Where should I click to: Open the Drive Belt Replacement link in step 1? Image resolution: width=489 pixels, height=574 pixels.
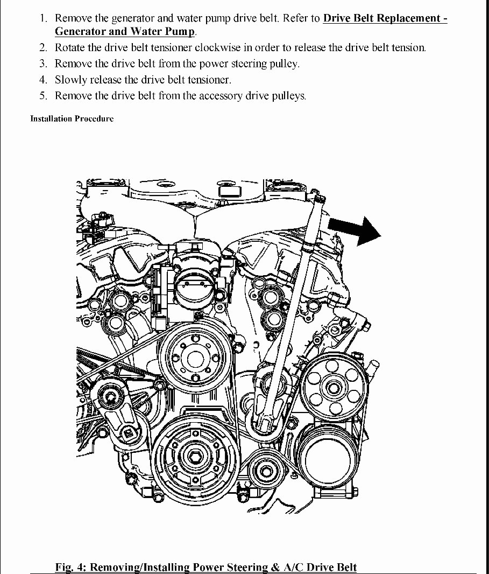[385, 18]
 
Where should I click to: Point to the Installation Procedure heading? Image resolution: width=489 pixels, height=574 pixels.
[72, 118]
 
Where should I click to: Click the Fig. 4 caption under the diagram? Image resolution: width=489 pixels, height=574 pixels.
[206, 567]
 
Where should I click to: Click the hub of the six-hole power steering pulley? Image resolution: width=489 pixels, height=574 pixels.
[334, 387]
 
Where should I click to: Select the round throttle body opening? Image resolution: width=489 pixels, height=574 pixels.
[192, 284]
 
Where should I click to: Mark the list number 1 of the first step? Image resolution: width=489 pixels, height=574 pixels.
[44, 18]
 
